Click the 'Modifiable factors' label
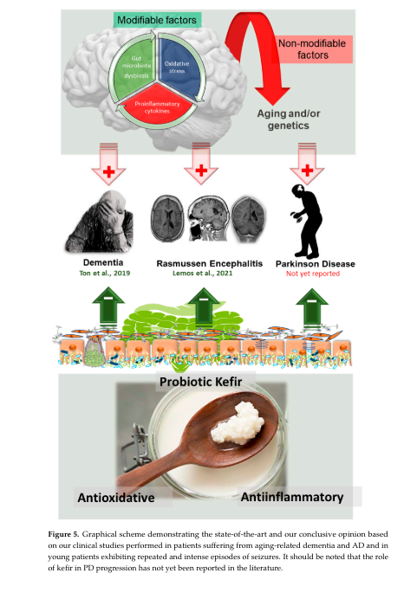pyautogui.click(x=157, y=20)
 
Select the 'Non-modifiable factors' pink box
pyautogui.click(x=312, y=49)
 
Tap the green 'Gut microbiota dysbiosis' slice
pyautogui.click(x=135, y=67)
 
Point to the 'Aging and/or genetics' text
pyautogui.click(x=289, y=119)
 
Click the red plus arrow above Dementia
pyautogui.click(x=108, y=164)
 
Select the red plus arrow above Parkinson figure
pyautogui.click(x=307, y=164)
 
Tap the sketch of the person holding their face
pyautogui.click(x=100, y=222)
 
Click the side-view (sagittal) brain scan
pyautogui.click(x=208, y=218)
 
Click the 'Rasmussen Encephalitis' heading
pyautogui.click(x=210, y=263)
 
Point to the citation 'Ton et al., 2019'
pyautogui.click(x=105, y=274)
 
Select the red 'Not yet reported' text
pyautogui.click(x=313, y=274)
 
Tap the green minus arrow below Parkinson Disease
pyautogui.click(x=311, y=308)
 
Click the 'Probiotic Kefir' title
pyautogui.click(x=200, y=382)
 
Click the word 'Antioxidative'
pyautogui.click(x=115, y=498)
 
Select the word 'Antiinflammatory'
pyautogui.click(x=292, y=497)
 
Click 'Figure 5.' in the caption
pyautogui.click(x=63, y=534)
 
